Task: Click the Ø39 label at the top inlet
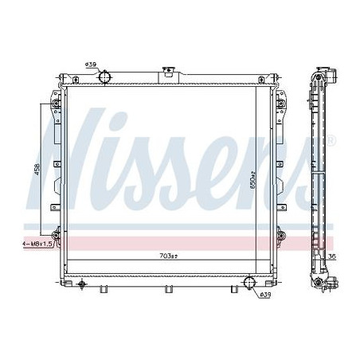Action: pos(91,65)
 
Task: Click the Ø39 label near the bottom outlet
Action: pos(265,295)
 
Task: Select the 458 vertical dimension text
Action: pos(37,169)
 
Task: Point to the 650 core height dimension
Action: pos(252,180)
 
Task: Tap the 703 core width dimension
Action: pos(168,256)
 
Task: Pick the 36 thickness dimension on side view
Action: pos(332,256)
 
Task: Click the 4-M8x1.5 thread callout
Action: pos(37,244)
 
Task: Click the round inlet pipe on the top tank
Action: pos(104,77)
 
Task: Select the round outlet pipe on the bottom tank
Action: pos(249,282)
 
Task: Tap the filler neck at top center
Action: pos(167,72)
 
